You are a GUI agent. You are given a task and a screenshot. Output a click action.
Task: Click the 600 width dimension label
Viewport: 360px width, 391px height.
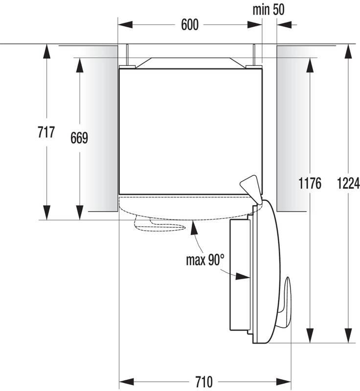click(190, 25)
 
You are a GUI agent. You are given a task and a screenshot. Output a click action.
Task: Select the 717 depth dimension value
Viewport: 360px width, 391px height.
click(45, 132)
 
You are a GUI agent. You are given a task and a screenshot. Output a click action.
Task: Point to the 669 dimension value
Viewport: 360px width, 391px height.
click(78, 138)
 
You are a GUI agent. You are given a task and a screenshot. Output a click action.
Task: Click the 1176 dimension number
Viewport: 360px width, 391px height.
click(309, 183)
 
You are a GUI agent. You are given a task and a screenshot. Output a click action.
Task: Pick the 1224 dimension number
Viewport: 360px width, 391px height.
click(348, 183)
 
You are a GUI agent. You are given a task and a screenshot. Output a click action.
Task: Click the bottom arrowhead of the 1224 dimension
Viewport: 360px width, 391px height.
click(348, 338)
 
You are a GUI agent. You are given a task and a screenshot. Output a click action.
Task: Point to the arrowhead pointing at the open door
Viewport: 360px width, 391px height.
click(243, 276)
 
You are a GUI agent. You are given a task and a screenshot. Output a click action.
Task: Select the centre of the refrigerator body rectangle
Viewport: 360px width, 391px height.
click(191, 130)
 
